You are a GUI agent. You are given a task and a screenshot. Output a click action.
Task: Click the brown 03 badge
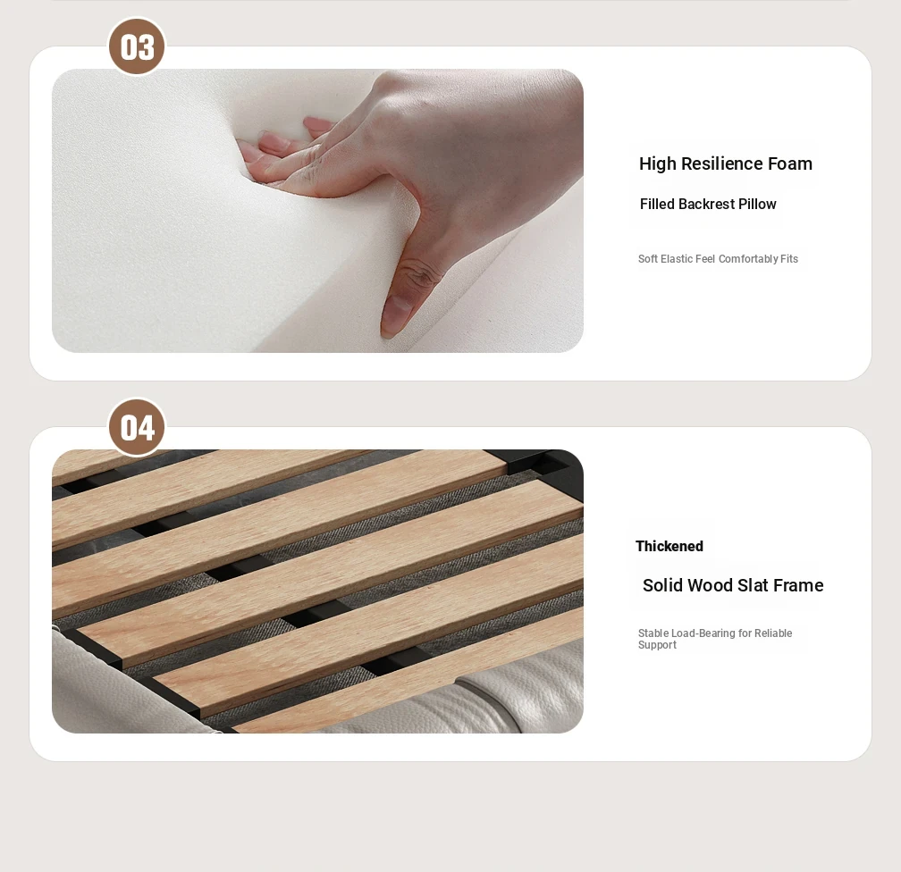pos(137,46)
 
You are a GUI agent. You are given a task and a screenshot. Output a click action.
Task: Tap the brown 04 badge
pos(137,427)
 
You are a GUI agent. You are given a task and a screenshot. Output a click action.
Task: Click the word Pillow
pos(757,204)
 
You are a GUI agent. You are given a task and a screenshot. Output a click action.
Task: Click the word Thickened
pos(669,546)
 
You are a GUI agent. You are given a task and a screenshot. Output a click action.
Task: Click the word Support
pos(657,645)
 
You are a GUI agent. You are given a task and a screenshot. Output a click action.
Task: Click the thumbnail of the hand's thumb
pos(395,315)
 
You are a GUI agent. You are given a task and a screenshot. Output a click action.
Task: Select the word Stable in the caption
pos(653,633)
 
